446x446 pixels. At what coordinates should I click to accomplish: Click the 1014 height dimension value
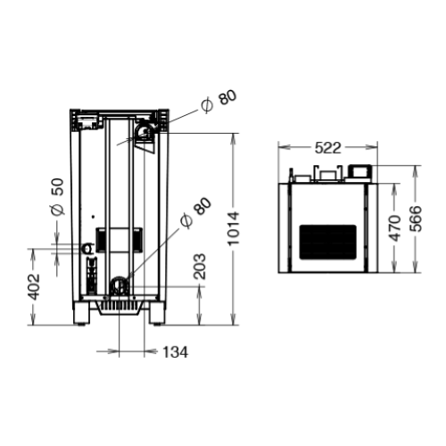click(234, 228)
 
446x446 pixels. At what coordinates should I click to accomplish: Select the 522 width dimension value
click(327, 148)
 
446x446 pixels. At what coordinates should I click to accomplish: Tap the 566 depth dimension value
click(416, 219)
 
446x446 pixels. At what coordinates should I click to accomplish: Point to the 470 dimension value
click(395, 228)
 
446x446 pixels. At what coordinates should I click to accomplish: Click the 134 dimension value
click(176, 352)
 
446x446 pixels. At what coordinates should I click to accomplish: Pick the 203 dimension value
click(200, 267)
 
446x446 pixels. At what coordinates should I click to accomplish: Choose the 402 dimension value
click(34, 287)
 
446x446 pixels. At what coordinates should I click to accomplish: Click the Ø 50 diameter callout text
click(58, 196)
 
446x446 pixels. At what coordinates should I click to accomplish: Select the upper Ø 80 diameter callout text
click(219, 101)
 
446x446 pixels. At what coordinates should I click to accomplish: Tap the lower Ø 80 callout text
click(196, 213)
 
